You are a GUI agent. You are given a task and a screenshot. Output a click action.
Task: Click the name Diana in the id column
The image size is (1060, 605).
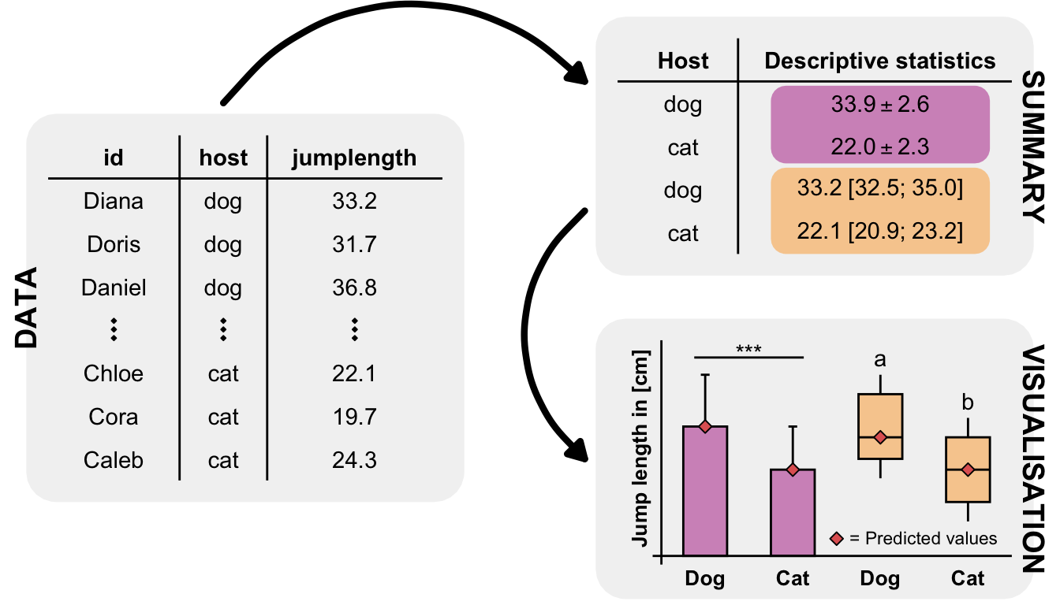[114, 202]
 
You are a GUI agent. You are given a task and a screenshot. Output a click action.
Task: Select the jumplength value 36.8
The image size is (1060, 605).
[354, 288]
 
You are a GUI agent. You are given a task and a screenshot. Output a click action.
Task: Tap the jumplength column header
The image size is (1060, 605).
[354, 158]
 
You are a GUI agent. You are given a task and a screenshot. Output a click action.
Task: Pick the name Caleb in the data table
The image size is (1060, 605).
[114, 459]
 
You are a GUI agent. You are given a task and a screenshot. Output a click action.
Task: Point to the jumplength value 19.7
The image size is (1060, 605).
[354, 417]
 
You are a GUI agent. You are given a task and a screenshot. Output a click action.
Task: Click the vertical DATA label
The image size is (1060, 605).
[27, 308]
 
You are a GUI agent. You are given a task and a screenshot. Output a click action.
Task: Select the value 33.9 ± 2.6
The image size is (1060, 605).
[880, 105]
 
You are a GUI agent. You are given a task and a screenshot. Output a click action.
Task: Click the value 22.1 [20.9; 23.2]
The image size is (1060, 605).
[880, 232]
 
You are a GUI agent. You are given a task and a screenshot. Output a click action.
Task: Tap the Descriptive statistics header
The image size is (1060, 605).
[880, 61]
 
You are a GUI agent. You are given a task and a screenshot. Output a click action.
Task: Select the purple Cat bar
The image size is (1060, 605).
[793, 512]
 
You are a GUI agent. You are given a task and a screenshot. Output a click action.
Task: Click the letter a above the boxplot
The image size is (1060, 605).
[880, 360]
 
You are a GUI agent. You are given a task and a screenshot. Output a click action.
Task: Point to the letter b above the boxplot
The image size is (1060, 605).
[968, 403]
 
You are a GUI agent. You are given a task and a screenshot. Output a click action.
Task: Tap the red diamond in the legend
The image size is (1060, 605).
[837, 539]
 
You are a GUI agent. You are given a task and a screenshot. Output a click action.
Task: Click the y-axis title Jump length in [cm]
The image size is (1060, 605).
[640, 449]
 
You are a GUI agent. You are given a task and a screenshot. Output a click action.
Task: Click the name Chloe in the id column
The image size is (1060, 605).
[114, 373]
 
